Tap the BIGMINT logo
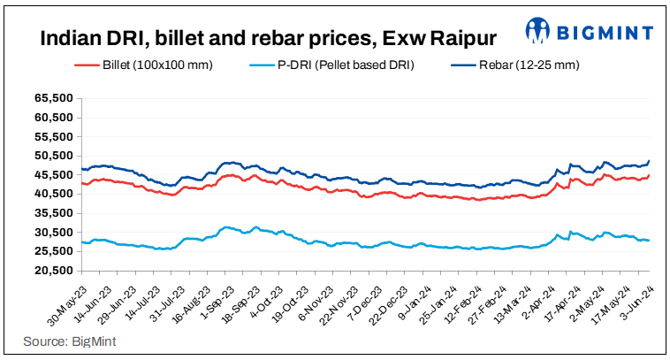[589, 32]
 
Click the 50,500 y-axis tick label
[56, 156]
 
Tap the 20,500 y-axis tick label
[56, 270]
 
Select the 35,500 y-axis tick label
[56, 213]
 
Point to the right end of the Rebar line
[650, 161]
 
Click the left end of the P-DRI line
[81, 242]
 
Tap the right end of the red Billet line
[650, 175]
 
